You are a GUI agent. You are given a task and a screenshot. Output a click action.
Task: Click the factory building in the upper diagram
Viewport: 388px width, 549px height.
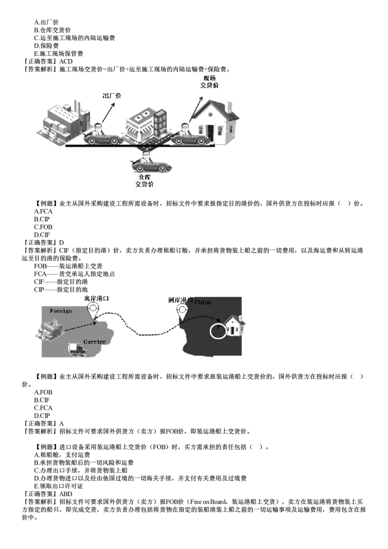tap(63, 121)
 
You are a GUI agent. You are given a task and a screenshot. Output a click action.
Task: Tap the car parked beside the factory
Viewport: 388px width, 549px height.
tap(102, 136)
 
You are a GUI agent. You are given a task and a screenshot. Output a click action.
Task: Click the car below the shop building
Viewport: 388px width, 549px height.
tap(151, 164)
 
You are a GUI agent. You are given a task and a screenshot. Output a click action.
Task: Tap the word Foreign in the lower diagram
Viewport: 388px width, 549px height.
tap(61, 311)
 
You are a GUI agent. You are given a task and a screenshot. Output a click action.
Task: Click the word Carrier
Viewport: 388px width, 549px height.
tap(94, 342)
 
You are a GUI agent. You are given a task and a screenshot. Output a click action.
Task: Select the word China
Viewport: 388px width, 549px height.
tap(203, 302)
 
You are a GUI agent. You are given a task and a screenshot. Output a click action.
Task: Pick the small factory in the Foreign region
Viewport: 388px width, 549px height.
tap(49, 330)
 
